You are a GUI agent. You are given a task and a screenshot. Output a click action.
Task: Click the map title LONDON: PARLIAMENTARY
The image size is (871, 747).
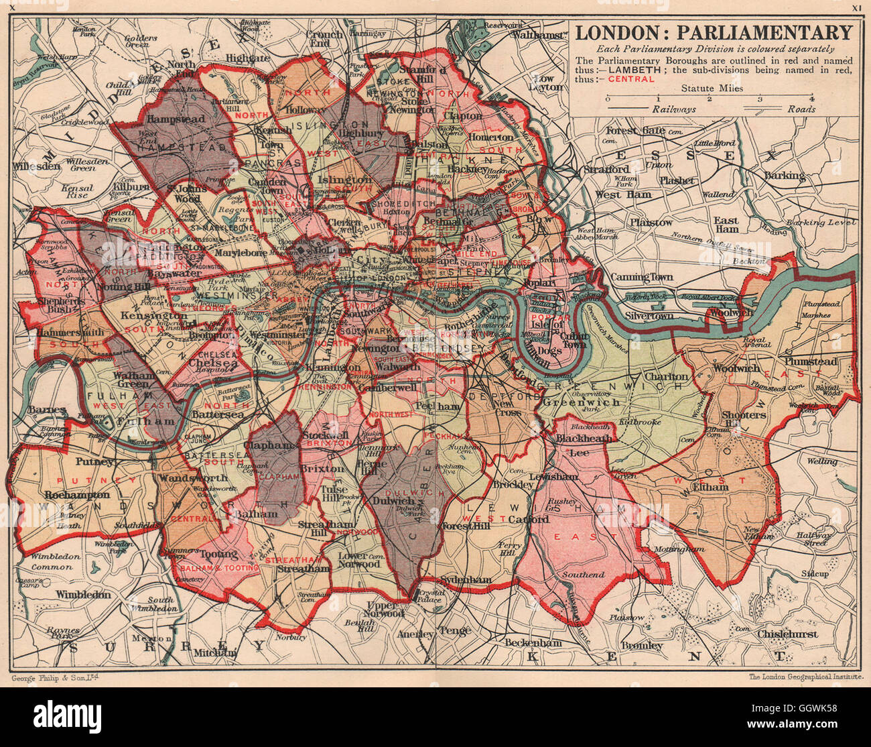[714, 32]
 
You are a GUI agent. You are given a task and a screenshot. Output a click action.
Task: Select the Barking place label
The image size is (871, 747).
[785, 176]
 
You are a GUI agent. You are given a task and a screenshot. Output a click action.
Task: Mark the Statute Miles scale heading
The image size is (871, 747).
[712, 88]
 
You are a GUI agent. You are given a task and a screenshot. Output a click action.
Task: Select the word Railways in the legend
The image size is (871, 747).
[673, 109]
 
